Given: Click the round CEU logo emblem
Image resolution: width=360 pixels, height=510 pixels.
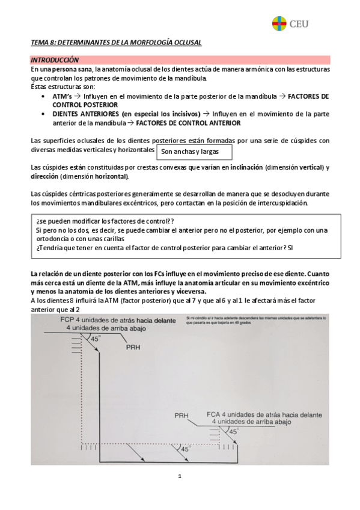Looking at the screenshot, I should click(x=279, y=24).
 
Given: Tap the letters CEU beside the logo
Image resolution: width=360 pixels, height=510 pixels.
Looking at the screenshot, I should click(x=300, y=24).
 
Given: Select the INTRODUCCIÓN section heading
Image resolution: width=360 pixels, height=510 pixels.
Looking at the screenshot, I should click(x=55, y=60).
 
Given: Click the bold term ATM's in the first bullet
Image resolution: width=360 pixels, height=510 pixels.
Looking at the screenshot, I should click(x=62, y=96).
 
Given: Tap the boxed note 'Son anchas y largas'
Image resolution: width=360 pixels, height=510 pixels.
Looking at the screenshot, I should click(x=191, y=152).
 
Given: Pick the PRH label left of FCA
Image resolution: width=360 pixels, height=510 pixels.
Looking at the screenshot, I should click(x=182, y=416).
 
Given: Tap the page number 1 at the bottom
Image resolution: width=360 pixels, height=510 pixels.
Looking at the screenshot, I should click(x=179, y=476).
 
